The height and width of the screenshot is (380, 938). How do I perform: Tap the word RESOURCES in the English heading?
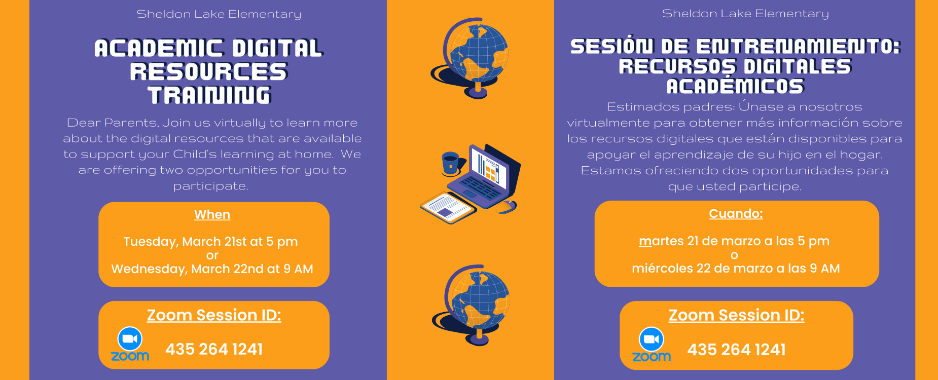pyautogui.click(x=209, y=72)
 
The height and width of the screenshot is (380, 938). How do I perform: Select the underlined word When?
pyautogui.click(x=212, y=215)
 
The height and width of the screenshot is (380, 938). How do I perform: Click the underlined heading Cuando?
pyautogui.click(x=736, y=214)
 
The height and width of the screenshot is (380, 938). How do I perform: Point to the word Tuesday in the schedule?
pyautogui.click(x=151, y=242)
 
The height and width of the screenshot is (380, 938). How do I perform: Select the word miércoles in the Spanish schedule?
pyautogui.click(x=662, y=269)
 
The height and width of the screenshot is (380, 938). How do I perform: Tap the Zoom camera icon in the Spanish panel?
pyautogui.click(x=652, y=339)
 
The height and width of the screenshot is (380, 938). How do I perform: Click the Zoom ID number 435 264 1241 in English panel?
pyautogui.click(x=214, y=350)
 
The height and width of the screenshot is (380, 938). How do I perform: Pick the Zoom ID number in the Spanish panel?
pyautogui.click(x=736, y=350)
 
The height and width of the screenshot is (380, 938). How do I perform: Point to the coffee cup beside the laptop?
pyautogui.click(x=450, y=163)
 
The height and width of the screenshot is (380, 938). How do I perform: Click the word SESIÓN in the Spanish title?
pyautogui.click(x=611, y=47)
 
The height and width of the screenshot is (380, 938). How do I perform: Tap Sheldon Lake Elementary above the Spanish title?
pyautogui.click(x=745, y=14)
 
